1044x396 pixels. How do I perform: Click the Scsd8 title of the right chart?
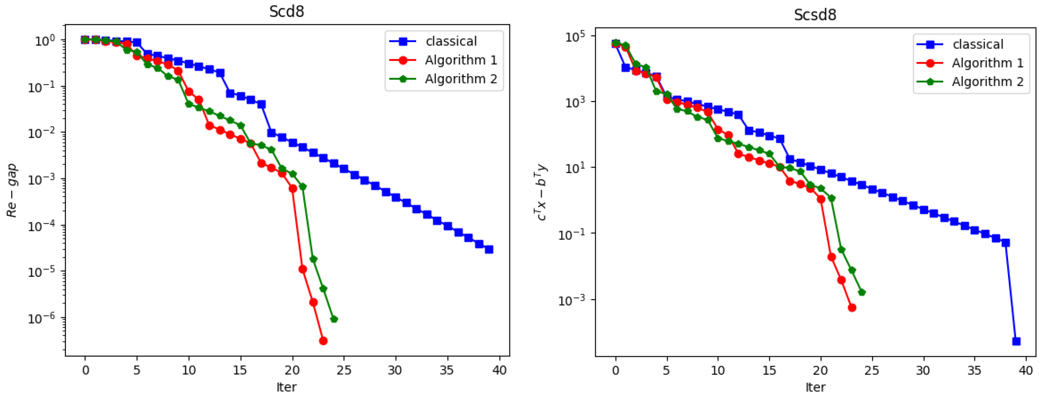pyautogui.click(x=815, y=14)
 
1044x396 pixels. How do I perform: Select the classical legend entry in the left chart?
pyautogui.click(x=451, y=41)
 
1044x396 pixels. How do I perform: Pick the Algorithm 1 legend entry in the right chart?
pyautogui.click(x=987, y=63)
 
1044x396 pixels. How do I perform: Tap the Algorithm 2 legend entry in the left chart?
pyautogui.click(x=461, y=79)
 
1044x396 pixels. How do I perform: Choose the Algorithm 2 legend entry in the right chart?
pyautogui.click(x=987, y=82)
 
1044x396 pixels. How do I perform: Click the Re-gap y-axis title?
pyautogui.click(x=12, y=190)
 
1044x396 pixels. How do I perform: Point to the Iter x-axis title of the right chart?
pyautogui.click(x=815, y=387)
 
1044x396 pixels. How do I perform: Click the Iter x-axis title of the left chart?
pyautogui.click(x=286, y=387)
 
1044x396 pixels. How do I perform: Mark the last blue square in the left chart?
pyautogui.click(x=489, y=249)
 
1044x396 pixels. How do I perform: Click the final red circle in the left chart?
pyautogui.click(x=323, y=341)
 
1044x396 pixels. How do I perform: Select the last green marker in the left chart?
pyautogui.click(x=334, y=319)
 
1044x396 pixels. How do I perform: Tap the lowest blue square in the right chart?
pyautogui.click(x=1016, y=341)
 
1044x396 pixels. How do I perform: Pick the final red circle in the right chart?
pyautogui.click(x=852, y=308)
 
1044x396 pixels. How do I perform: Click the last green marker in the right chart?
pyautogui.click(x=862, y=292)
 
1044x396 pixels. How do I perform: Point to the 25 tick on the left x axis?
pyautogui.click(x=344, y=370)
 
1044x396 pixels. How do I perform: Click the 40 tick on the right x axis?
pyautogui.click(x=1026, y=370)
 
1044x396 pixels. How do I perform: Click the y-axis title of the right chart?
pyautogui.click(x=541, y=192)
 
